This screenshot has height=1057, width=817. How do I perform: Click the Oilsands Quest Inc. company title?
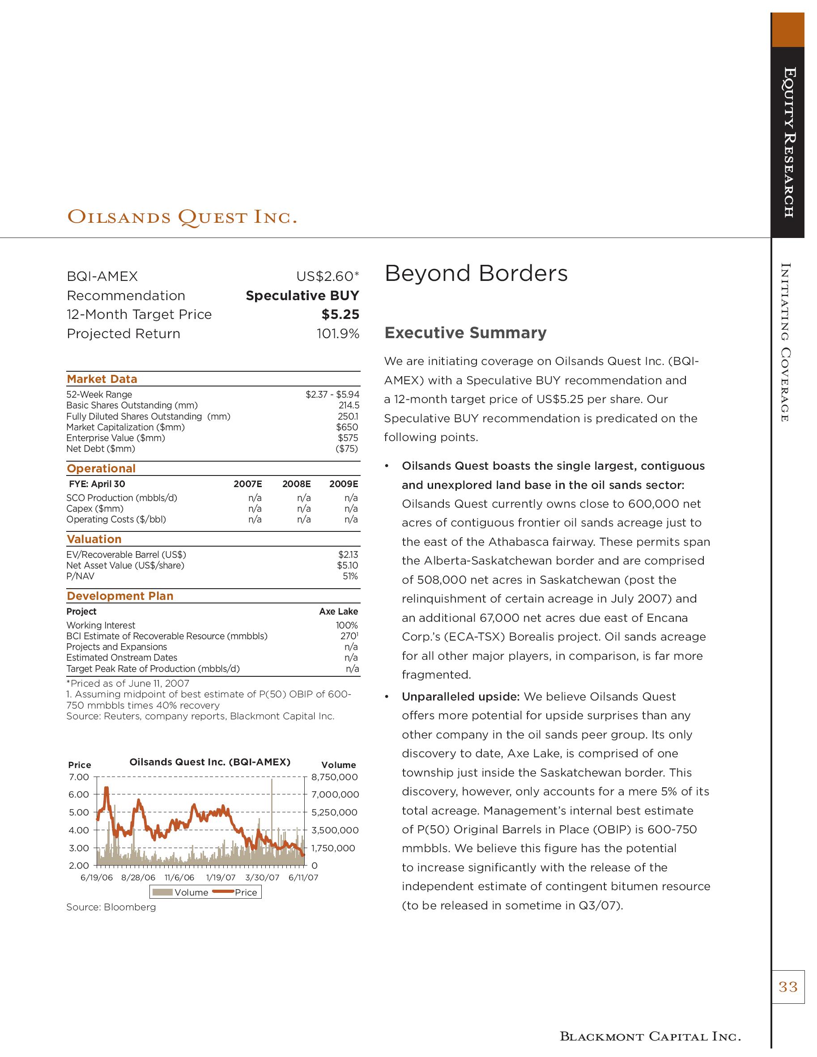pos(182,217)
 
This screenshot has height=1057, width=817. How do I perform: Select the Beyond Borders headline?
pos(476,273)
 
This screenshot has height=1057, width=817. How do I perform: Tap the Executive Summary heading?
pos(465,333)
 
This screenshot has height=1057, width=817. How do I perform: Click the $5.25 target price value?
pos(340,314)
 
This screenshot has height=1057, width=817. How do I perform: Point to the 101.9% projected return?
pos(338,334)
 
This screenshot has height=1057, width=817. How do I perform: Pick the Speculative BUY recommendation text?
pos(302,296)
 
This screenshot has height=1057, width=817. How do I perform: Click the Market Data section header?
pos(102,379)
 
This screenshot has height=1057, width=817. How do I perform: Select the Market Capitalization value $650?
pos(347,427)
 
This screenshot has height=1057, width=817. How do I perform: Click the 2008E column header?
pos(296,484)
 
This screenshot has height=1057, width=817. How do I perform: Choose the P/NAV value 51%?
pos(350,577)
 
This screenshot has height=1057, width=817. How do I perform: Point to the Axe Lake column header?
pos(338,612)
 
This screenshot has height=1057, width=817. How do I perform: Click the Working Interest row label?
pos(101,625)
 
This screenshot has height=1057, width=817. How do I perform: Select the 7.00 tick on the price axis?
pos(79,777)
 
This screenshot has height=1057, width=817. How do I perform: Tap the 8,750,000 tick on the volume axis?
pos(334,777)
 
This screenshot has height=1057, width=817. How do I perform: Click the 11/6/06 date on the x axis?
pos(179,878)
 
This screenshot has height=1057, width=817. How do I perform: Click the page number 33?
pos(787,987)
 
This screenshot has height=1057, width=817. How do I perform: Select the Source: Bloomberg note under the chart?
pos(111,908)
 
